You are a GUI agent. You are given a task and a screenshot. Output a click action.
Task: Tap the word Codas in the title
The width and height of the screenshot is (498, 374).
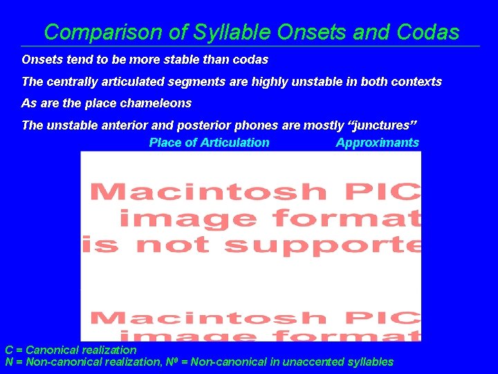428,32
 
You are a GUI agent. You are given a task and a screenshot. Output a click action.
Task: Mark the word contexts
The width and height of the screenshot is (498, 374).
416,82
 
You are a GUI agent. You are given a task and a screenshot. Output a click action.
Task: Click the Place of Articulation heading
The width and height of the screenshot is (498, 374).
209,143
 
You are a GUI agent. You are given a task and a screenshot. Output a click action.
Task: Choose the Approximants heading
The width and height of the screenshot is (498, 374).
377,143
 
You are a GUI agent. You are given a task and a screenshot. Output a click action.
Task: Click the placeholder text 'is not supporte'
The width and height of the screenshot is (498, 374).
251,244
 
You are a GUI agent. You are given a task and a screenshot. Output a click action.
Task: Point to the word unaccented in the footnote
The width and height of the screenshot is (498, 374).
317,362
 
